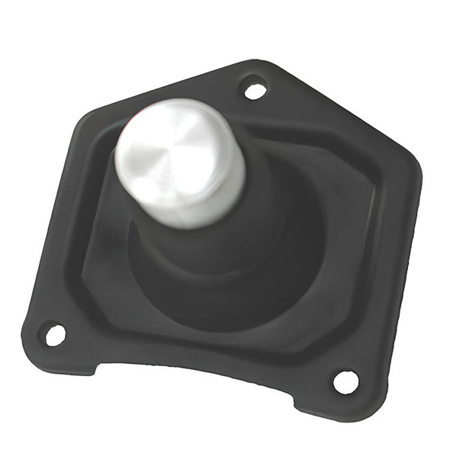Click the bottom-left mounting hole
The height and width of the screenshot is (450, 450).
pyautogui.click(x=55, y=334)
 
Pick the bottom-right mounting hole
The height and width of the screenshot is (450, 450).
pyautogui.click(x=345, y=380)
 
